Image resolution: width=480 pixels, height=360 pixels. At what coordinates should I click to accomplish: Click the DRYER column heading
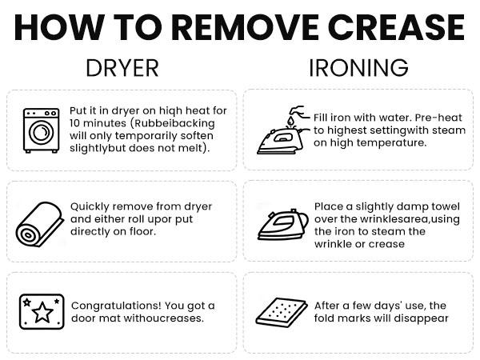pos(122,68)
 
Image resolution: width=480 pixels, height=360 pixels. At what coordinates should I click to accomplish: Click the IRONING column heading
pos(358,68)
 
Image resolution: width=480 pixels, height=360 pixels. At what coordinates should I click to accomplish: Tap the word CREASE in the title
pos(398,27)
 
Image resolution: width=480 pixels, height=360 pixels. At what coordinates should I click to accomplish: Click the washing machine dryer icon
pos(42,130)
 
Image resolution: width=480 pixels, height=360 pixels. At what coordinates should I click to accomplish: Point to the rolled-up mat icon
pos(40,224)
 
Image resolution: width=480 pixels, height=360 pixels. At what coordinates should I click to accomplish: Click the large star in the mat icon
pos(42,312)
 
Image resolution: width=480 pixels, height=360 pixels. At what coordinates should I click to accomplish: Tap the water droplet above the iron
pos(290,119)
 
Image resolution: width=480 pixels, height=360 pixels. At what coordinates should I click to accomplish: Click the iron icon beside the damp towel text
pos(283,225)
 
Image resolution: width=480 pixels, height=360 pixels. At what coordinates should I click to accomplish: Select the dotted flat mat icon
pos(282,312)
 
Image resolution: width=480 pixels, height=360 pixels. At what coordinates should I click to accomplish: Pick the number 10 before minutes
pos(74,123)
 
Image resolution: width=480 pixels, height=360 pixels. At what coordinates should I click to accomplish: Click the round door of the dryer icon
pos(42,133)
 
